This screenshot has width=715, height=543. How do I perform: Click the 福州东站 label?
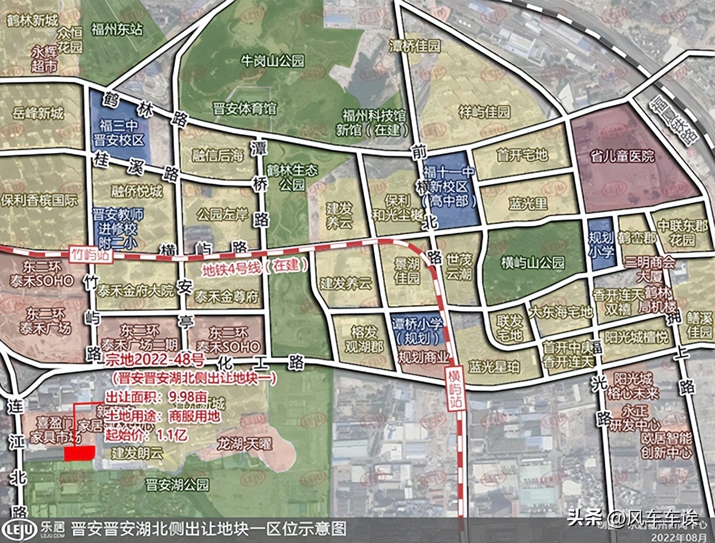click(117, 30)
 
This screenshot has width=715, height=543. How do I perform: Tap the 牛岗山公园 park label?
click(272, 60)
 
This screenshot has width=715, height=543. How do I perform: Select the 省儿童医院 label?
click(624, 155)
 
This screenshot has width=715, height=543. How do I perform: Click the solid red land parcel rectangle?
click(79, 454)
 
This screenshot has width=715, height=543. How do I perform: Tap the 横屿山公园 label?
click(533, 262)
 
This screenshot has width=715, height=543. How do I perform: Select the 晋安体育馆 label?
click(245, 108)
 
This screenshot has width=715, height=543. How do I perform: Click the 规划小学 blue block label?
click(601, 245)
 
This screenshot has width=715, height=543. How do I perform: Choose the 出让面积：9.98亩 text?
click(157, 398)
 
